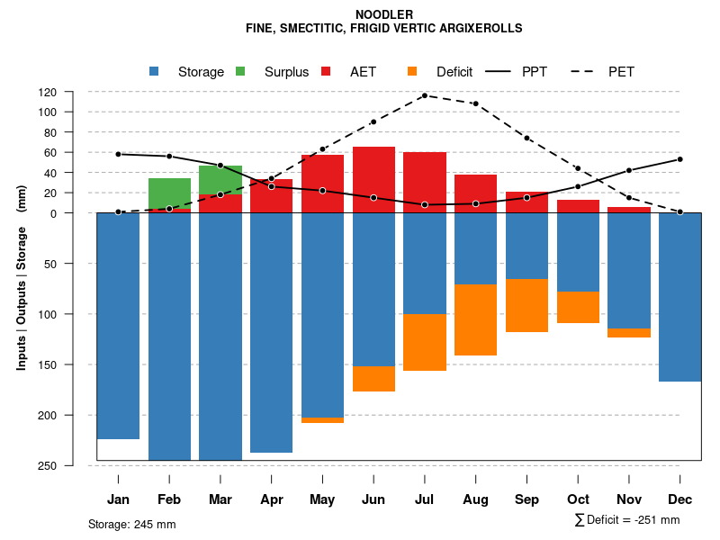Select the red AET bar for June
(373, 180)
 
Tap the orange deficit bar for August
(475, 319)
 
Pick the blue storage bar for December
(679, 297)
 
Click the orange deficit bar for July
(425, 342)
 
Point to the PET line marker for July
(424, 95)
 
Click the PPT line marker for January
(119, 154)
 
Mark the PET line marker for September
(526, 138)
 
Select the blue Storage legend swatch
(154, 71)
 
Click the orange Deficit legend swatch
(412, 71)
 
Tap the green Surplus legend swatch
(240, 71)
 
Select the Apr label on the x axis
(272, 499)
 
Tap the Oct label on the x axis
(578, 499)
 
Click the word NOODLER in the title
(384, 14)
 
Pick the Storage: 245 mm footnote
(132, 524)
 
